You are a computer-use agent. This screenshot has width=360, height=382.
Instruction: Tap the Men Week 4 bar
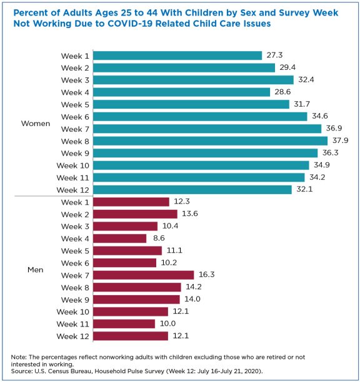coord(121,238)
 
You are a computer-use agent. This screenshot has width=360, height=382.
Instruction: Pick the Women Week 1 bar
coord(179,56)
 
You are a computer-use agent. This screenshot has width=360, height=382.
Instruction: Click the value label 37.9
coord(341,140)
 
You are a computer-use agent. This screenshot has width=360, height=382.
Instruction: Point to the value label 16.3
coord(207,275)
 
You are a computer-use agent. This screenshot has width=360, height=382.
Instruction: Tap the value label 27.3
coord(275,56)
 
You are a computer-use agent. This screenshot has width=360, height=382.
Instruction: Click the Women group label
coord(36,123)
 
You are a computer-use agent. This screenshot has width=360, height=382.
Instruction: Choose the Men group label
coord(36,270)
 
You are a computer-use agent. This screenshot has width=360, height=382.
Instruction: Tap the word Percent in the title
coord(31,11)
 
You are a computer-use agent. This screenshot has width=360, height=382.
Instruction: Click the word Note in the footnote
coord(18,356)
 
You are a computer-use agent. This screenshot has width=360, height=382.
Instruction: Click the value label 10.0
coord(167,324)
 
